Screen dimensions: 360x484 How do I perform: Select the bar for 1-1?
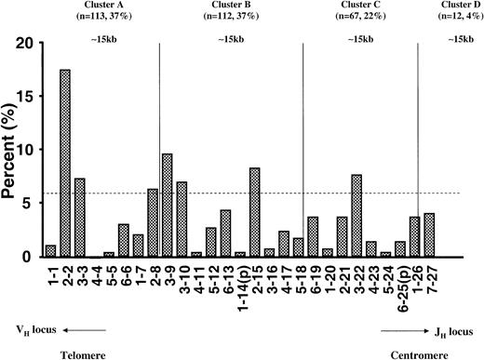point(51,250)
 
